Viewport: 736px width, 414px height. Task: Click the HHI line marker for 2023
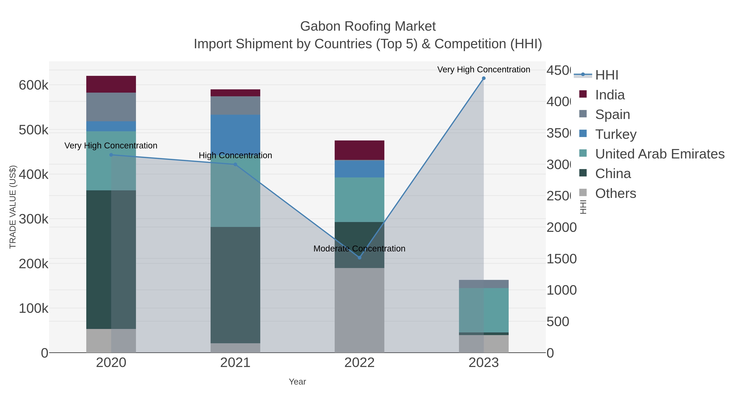click(x=484, y=78)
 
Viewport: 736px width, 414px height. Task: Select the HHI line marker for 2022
click(x=359, y=258)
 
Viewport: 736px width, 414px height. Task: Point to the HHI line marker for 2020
click(x=111, y=155)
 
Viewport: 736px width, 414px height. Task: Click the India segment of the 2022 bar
click(x=359, y=150)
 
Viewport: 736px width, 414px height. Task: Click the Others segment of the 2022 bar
click(x=359, y=310)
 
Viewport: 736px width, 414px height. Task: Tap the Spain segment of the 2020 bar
click(x=111, y=107)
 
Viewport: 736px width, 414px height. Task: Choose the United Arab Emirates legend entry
click(x=659, y=154)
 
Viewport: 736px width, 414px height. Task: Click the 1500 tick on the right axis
click(x=561, y=259)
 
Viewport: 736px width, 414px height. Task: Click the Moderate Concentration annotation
click(x=359, y=249)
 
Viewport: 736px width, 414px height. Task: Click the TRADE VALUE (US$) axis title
click(x=13, y=207)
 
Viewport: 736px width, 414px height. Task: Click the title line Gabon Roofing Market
click(x=368, y=26)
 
